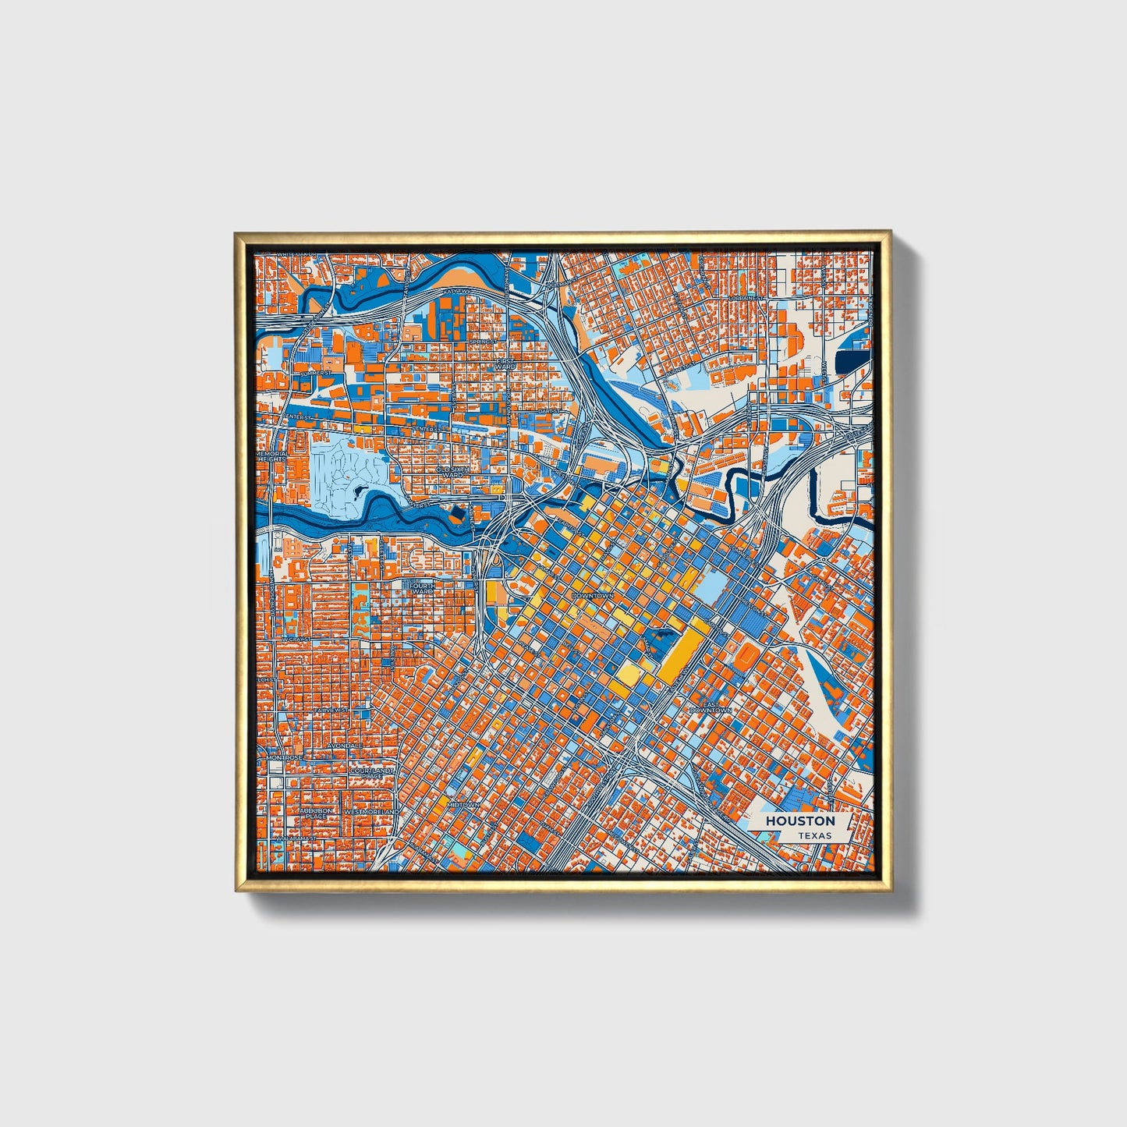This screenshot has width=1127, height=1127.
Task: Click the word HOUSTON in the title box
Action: point(799,821)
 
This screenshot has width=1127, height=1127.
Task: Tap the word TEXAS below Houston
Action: point(814,835)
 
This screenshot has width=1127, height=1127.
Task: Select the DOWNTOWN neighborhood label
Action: point(593,595)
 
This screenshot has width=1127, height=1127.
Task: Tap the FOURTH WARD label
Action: point(422,588)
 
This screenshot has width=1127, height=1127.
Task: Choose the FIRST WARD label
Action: point(506,363)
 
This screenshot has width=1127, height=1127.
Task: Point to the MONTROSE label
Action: point(284,757)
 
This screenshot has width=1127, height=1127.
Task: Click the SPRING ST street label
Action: point(483,341)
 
